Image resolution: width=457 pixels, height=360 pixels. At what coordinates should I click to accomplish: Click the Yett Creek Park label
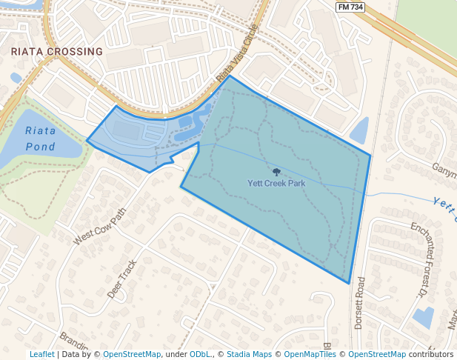(276, 182)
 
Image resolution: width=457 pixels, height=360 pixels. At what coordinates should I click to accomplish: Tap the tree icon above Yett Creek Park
(276, 172)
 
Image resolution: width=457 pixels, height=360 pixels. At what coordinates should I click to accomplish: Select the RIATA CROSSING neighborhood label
(57, 52)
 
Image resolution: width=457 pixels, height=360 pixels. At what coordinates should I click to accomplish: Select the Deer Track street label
(123, 279)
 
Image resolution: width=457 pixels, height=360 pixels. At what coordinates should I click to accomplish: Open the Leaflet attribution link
(41, 355)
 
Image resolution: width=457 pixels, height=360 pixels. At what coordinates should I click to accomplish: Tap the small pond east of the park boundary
(360, 131)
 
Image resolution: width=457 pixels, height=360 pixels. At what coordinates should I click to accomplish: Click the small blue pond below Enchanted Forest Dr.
(424, 317)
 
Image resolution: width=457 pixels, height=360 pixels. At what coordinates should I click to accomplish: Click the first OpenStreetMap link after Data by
(131, 355)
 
